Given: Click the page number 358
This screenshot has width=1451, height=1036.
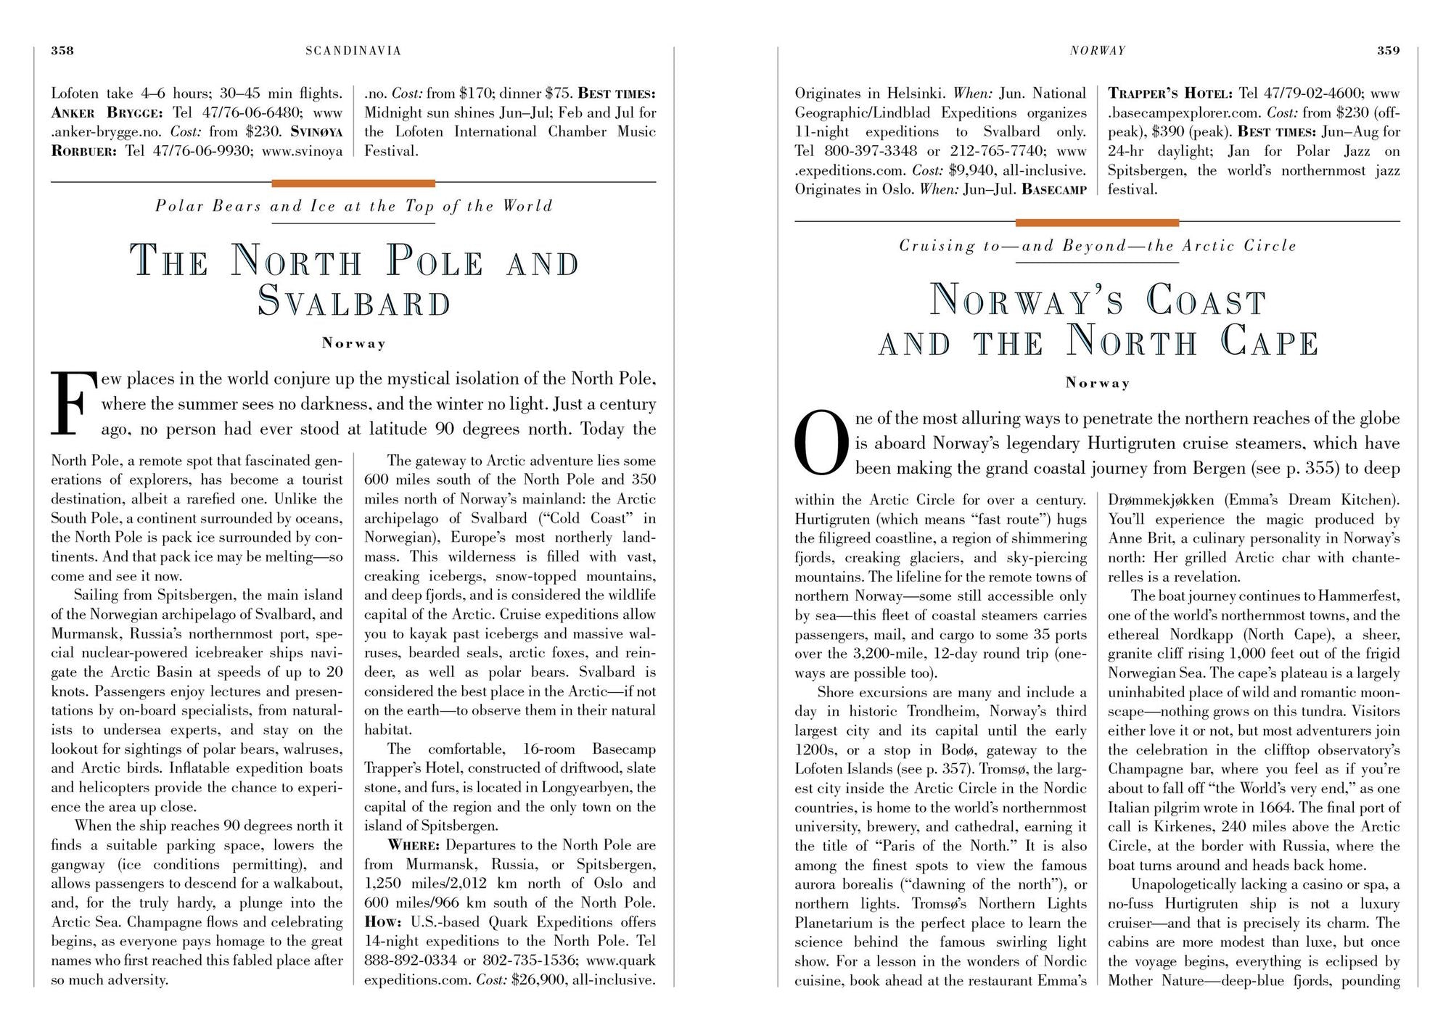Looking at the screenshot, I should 62,51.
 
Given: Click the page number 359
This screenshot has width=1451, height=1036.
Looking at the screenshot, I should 1389,51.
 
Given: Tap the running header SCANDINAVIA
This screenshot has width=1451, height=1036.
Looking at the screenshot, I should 353,51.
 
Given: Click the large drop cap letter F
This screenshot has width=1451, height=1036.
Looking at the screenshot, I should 73,403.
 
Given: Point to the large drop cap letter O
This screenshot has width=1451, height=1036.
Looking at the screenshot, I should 821,443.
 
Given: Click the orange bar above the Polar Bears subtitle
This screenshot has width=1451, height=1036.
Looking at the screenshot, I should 353,184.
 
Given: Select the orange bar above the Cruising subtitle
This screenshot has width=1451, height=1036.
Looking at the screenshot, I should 1097,223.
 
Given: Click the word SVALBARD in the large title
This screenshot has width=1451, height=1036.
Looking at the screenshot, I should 355,302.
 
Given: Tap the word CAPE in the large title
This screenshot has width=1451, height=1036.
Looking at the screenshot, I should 1269,342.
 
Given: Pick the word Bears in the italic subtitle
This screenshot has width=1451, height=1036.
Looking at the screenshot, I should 237,207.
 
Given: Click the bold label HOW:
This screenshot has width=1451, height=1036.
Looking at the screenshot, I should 383,922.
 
